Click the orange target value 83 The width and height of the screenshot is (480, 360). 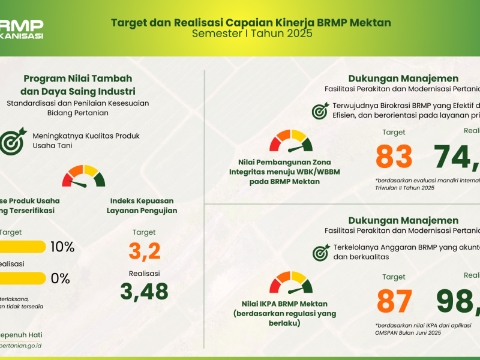(394, 157)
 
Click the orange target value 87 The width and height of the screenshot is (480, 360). (394, 302)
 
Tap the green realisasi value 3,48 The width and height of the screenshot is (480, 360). (144, 292)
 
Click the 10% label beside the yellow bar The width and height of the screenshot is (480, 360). (62, 247)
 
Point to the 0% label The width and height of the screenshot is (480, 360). (60, 278)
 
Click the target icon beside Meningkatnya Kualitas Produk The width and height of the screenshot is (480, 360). (11, 141)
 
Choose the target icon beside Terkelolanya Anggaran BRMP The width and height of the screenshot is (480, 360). (320, 252)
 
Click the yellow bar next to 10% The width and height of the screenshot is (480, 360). (23, 247)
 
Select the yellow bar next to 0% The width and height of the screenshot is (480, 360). (23, 278)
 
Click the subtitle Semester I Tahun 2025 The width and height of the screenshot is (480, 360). (251, 34)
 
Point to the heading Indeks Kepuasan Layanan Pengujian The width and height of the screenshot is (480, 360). (143, 205)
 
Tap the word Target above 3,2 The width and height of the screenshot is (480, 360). (144, 232)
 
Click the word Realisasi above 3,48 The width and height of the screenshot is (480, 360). (144, 272)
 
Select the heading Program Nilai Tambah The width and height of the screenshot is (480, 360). (78, 79)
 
